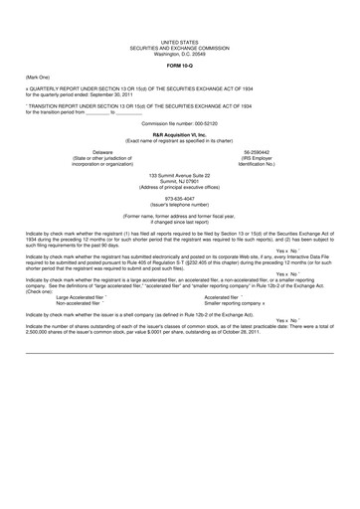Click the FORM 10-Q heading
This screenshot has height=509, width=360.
click(179, 65)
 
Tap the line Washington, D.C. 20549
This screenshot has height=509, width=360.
click(179, 53)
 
